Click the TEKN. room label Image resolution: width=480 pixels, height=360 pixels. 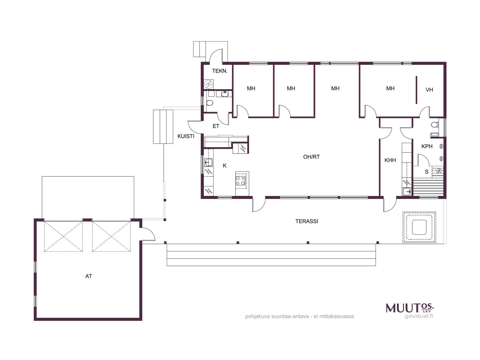click(220, 71)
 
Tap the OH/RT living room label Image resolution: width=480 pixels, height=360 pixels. click(311, 157)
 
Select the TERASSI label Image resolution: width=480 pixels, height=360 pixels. click(307, 221)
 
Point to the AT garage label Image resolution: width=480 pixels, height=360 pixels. click(88, 276)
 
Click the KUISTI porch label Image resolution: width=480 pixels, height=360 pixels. click(186, 136)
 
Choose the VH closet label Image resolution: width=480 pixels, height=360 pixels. click(429, 90)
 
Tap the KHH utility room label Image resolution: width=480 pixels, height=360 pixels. click(390, 160)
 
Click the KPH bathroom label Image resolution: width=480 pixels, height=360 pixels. click(427, 146)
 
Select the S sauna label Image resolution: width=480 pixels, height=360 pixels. click(427, 172)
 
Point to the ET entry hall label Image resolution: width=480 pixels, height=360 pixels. click(216, 126)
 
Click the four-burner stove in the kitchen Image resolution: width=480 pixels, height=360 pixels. click(241, 181)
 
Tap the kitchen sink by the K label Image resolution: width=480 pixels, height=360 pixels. click(208, 162)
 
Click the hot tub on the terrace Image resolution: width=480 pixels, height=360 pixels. click(419, 227)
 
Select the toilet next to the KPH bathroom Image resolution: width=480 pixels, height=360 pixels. click(435, 124)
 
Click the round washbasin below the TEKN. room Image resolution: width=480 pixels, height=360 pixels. click(225, 94)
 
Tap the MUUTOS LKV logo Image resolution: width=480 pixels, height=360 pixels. click(409, 308)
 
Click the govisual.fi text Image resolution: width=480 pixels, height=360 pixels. click(419, 316)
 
